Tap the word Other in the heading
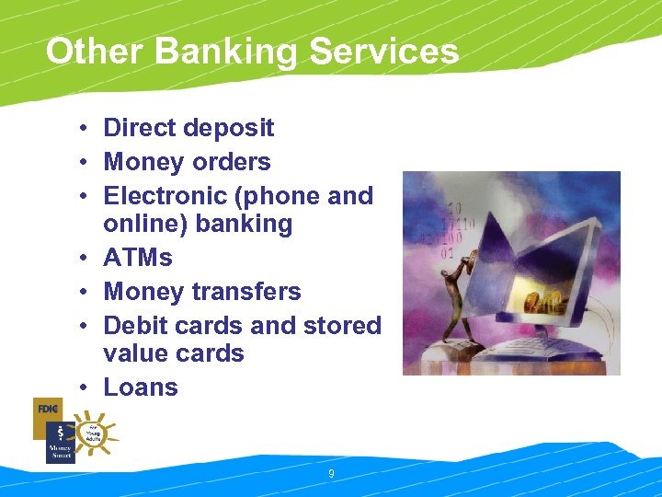tap(96, 52)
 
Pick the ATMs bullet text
tap(138, 258)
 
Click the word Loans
tap(141, 387)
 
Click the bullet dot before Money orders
tap(83, 163)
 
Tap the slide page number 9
tap(330, 474)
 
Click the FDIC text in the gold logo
tap(47, 409)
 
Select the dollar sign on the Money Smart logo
tap(60, 433)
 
